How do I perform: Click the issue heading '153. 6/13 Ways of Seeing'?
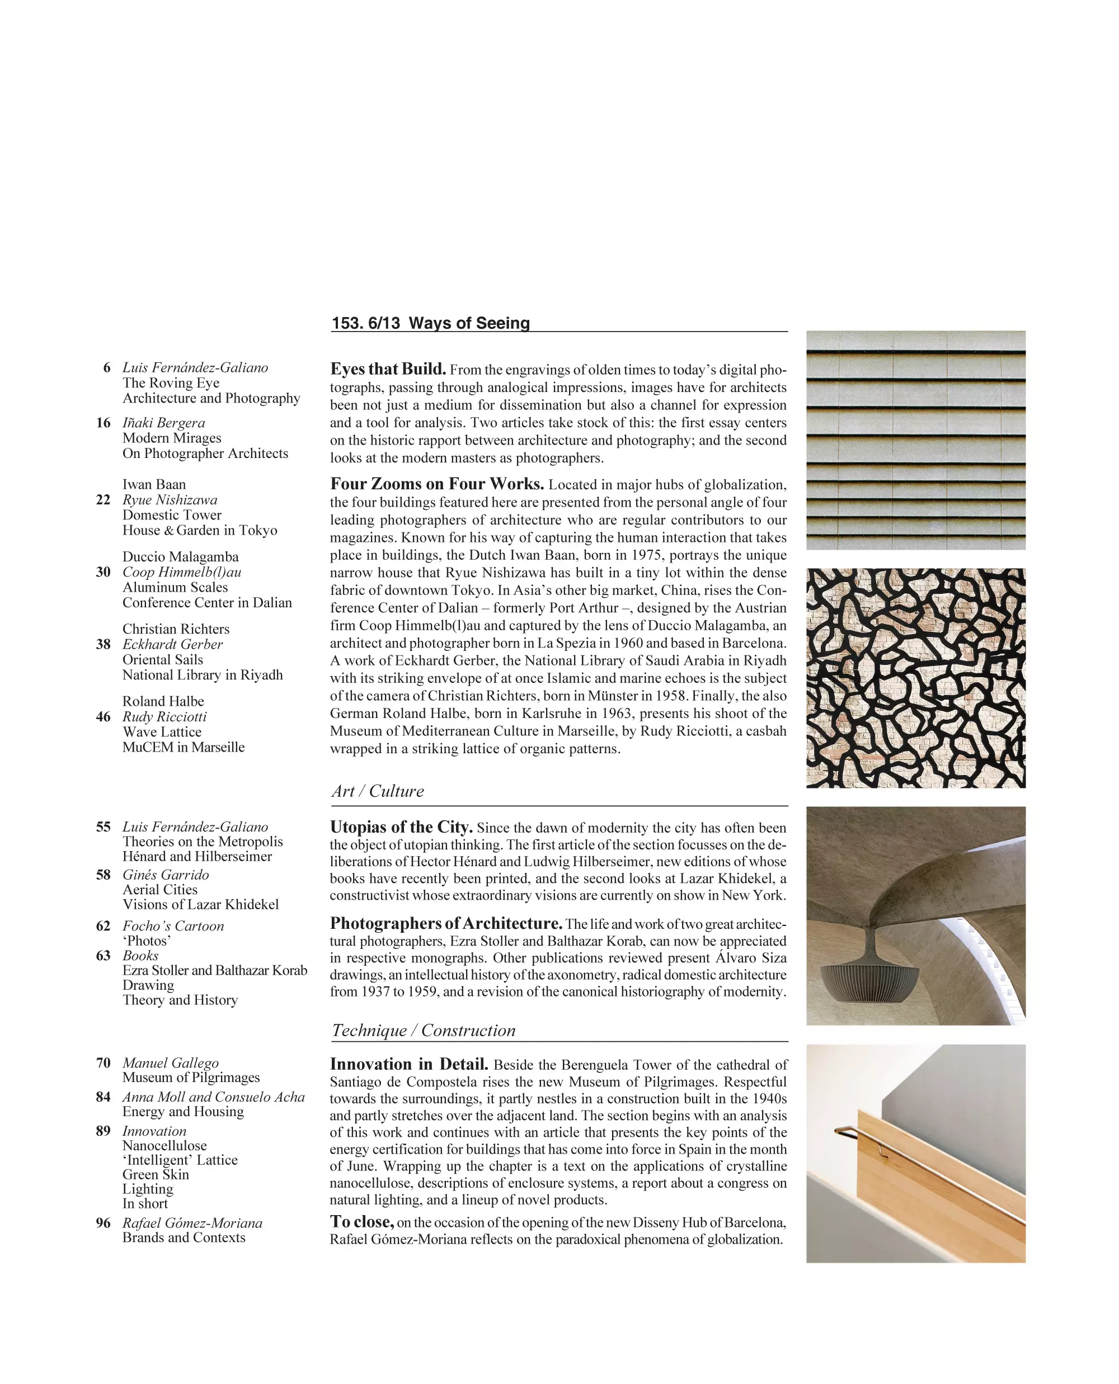point(431,323)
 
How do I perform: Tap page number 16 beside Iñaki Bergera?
point(103,423)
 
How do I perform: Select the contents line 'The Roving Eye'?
point(171,382)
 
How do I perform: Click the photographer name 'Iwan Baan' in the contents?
point(154,484)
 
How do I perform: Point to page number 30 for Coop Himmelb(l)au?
point(103,572)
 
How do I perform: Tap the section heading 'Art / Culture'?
point(378,791)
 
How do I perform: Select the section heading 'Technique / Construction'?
point(424,1030)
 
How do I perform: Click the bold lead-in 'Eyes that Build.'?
point(388,369)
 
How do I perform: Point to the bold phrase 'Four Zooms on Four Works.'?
point(437,484)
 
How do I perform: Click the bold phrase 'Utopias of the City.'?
point(402,827)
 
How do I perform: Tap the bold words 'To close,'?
point(361,1222)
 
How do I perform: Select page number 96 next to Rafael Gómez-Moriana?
point(103,1223)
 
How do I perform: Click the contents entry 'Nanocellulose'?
point(164,1146)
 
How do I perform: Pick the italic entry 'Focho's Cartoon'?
point(173,926)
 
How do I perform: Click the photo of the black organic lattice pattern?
point(915,678)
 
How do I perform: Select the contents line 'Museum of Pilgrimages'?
point(191,1078)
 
